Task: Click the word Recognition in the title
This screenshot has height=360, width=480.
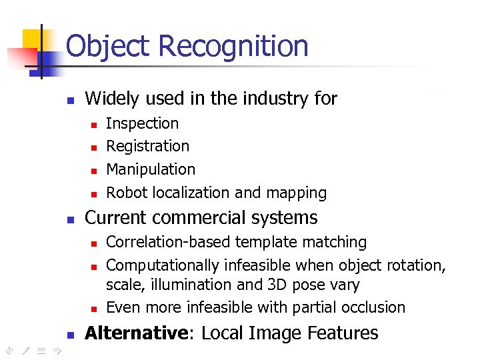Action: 233,47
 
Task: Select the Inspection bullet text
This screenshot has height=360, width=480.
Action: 142,123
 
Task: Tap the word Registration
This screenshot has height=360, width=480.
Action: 147,146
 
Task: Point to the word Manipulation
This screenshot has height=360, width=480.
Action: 151,169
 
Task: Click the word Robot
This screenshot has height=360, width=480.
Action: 127,193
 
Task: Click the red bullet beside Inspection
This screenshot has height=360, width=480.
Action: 94,125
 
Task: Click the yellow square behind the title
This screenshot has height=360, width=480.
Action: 33,39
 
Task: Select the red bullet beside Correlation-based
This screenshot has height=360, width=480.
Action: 94,243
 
